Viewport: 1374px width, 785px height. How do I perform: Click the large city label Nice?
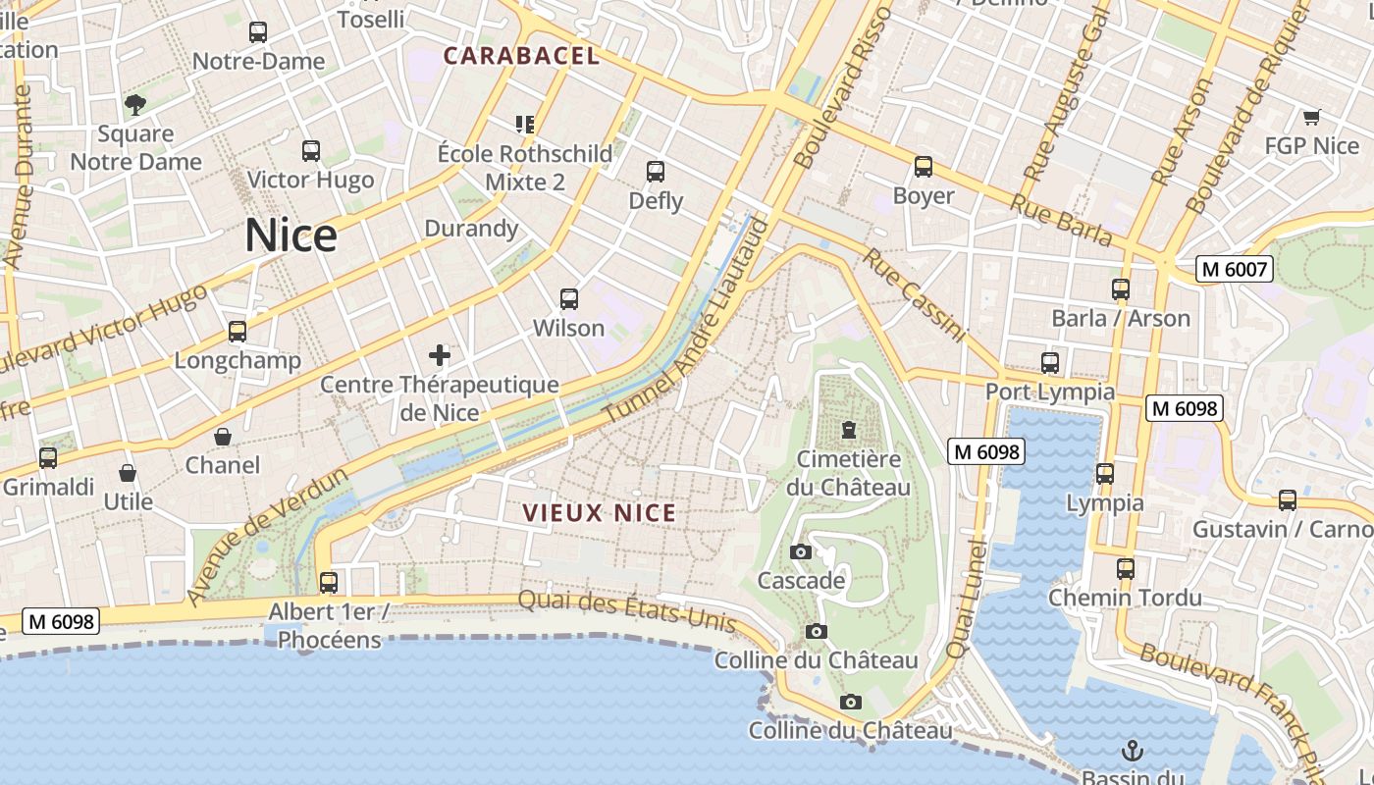(291, 235)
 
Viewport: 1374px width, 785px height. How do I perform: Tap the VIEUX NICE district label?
(599, 513)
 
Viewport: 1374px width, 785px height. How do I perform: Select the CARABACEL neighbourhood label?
(521, 56)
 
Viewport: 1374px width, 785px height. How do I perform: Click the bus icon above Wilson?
(568, 299)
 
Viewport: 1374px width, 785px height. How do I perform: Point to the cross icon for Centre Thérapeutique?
(439, 355)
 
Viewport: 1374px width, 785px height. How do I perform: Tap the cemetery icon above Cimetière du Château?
(848, 430)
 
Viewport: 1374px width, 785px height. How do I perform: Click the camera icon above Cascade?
(801, 551)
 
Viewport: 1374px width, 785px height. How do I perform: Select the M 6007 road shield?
(1234, 269)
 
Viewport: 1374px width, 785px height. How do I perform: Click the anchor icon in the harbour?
(1133, 752)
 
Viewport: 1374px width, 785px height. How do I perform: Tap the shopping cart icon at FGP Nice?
(1311, 118)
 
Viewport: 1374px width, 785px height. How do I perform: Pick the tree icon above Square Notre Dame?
(135, 104)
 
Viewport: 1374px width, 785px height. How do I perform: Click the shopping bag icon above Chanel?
(223, 437)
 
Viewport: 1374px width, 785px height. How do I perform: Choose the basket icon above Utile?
(128, 473)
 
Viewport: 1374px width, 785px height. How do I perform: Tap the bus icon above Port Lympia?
(1050, 363)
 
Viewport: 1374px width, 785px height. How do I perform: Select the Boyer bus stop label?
(923, 196)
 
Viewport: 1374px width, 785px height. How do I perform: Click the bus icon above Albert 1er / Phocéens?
(329, 583)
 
